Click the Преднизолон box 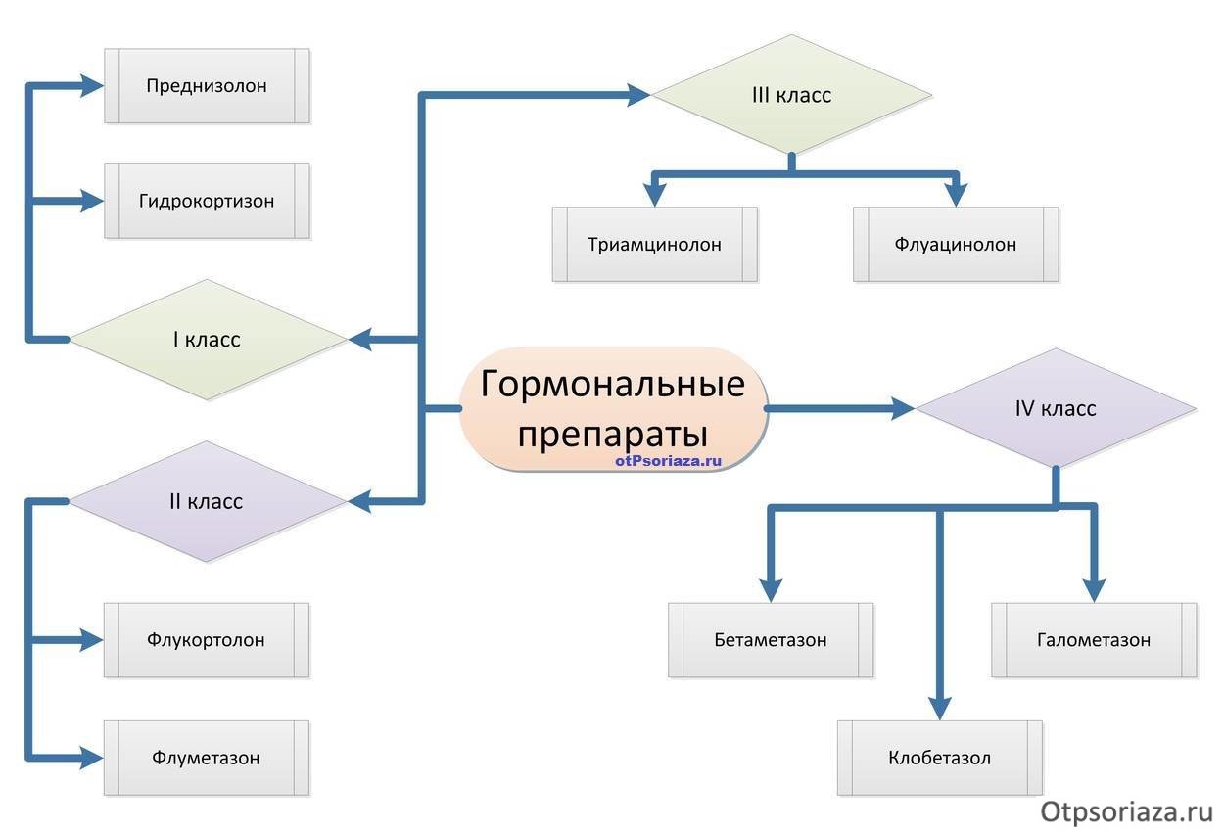pos(207,85)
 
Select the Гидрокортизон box pos(207,201)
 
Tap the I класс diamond pos(207,340)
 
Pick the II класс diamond pos(207,501)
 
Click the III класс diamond pos(791,95)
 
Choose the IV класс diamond pos(1055,408)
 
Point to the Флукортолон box pos(207,640)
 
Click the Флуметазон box pos(207,758)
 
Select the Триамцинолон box pos(654,244)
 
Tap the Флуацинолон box pos(956,244)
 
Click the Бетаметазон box pos(771,640)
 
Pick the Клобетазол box pos(940,758)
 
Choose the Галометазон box pos(1094,640)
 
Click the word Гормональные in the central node pos(612,384)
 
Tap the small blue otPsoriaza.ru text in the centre pos(668,459)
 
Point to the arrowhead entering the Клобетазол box pos(940,709)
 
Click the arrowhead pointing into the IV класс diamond pos(902,408)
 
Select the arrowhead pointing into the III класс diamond pos(638,95)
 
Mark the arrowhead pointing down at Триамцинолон pos(654,193)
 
